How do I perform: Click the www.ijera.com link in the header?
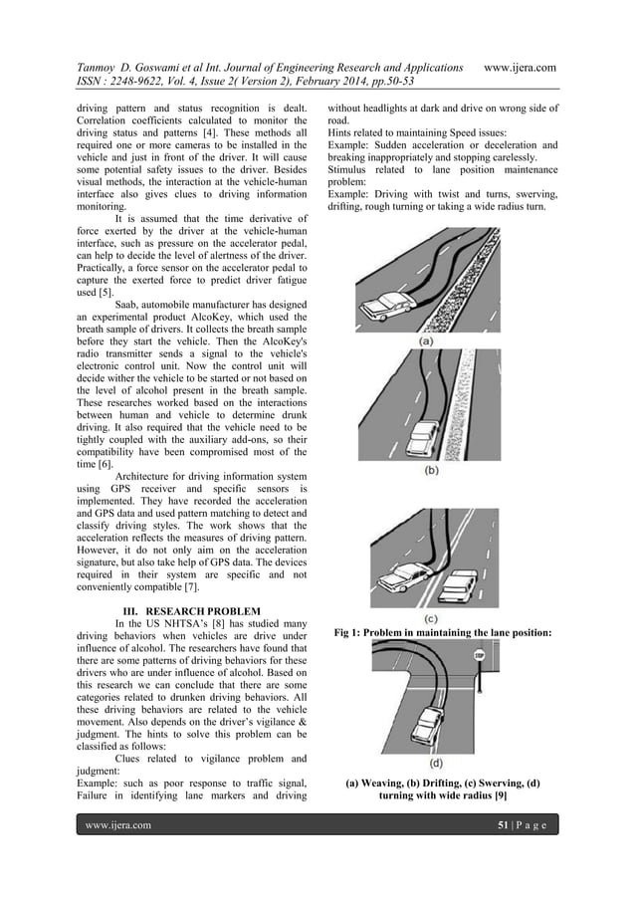(x=519, y=67)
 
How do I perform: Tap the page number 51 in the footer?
(x=504, y=825)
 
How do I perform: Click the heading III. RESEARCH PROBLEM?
(x=191, y=610)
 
